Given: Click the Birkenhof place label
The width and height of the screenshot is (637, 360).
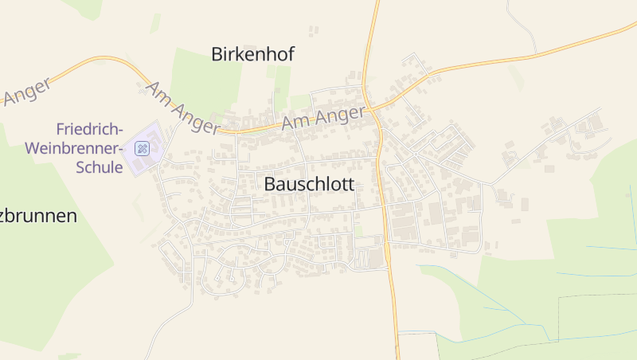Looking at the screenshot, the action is point(252,54).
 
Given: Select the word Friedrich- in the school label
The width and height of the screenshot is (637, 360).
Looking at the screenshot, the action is point(89,129).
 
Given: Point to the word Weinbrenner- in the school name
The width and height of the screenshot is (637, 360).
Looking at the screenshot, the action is point(72,148).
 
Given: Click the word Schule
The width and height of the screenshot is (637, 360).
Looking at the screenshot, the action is point(96,167).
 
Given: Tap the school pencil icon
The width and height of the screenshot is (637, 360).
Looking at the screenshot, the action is point(142,148).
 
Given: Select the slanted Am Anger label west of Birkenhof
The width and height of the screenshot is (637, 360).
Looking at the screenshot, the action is point(182,107).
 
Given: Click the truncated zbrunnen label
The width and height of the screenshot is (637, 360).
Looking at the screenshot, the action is point(38,216).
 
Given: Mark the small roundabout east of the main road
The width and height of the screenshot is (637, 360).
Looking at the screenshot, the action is point(415,153).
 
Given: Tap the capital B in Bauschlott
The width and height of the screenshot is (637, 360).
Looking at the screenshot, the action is point(269,184).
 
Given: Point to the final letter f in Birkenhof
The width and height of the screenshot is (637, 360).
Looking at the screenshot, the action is point(291,53).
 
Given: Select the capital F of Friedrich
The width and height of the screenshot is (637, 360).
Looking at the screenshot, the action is point(61,129).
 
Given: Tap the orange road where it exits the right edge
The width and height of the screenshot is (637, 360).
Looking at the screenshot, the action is point(633,25).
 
